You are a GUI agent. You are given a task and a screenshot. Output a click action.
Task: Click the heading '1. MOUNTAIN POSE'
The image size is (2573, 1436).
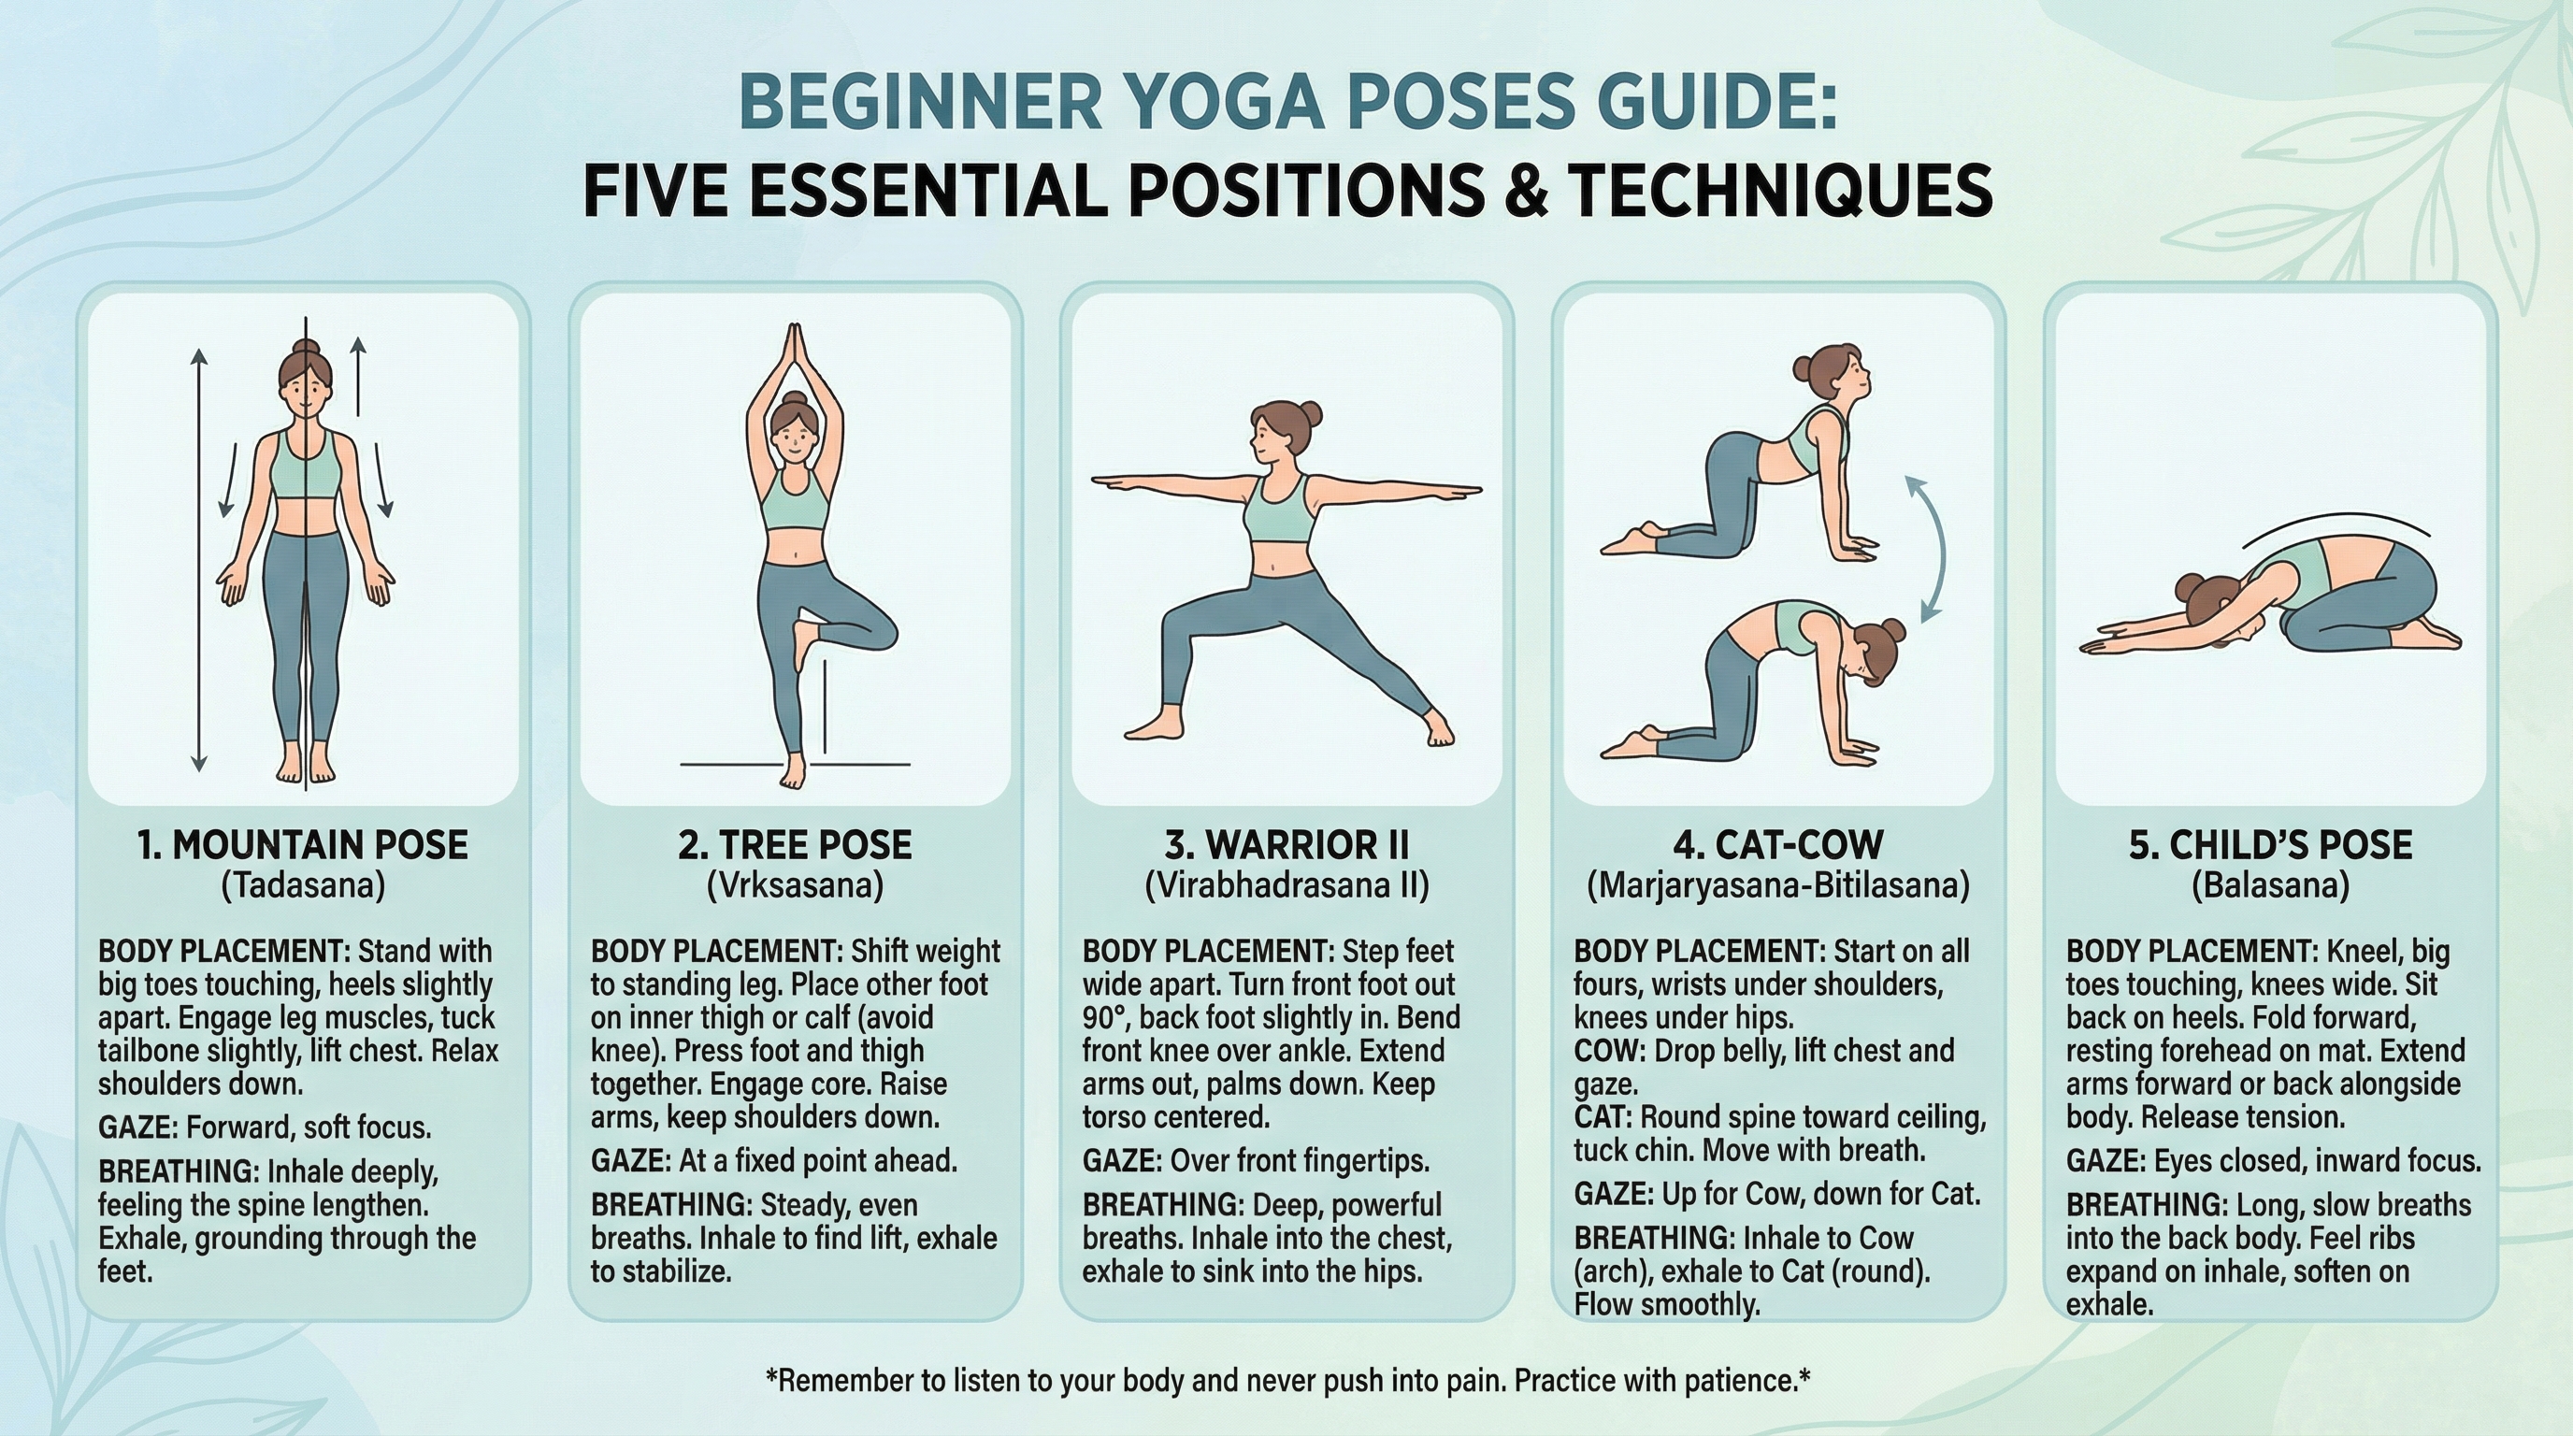pos(303,845)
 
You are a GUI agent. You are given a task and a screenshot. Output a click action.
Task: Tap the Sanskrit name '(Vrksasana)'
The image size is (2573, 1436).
pos(794,885)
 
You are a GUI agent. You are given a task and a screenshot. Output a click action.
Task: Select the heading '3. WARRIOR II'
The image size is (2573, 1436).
pos(1286,845)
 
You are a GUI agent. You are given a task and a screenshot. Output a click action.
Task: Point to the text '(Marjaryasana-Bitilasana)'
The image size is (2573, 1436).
pos(1778,885)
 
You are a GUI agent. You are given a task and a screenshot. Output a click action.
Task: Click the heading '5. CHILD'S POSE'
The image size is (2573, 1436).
pos(2270,845)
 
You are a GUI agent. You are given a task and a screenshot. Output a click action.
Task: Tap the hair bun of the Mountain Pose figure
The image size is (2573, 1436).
pos(305,350)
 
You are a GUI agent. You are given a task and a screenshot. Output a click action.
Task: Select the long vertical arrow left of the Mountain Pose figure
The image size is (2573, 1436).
pos(199,559)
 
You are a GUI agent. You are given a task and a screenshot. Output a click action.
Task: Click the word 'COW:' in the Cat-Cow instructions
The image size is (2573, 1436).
pos(1609,1052)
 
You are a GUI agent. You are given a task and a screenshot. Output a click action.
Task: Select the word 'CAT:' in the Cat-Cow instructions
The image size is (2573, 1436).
pos(1603,1117)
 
